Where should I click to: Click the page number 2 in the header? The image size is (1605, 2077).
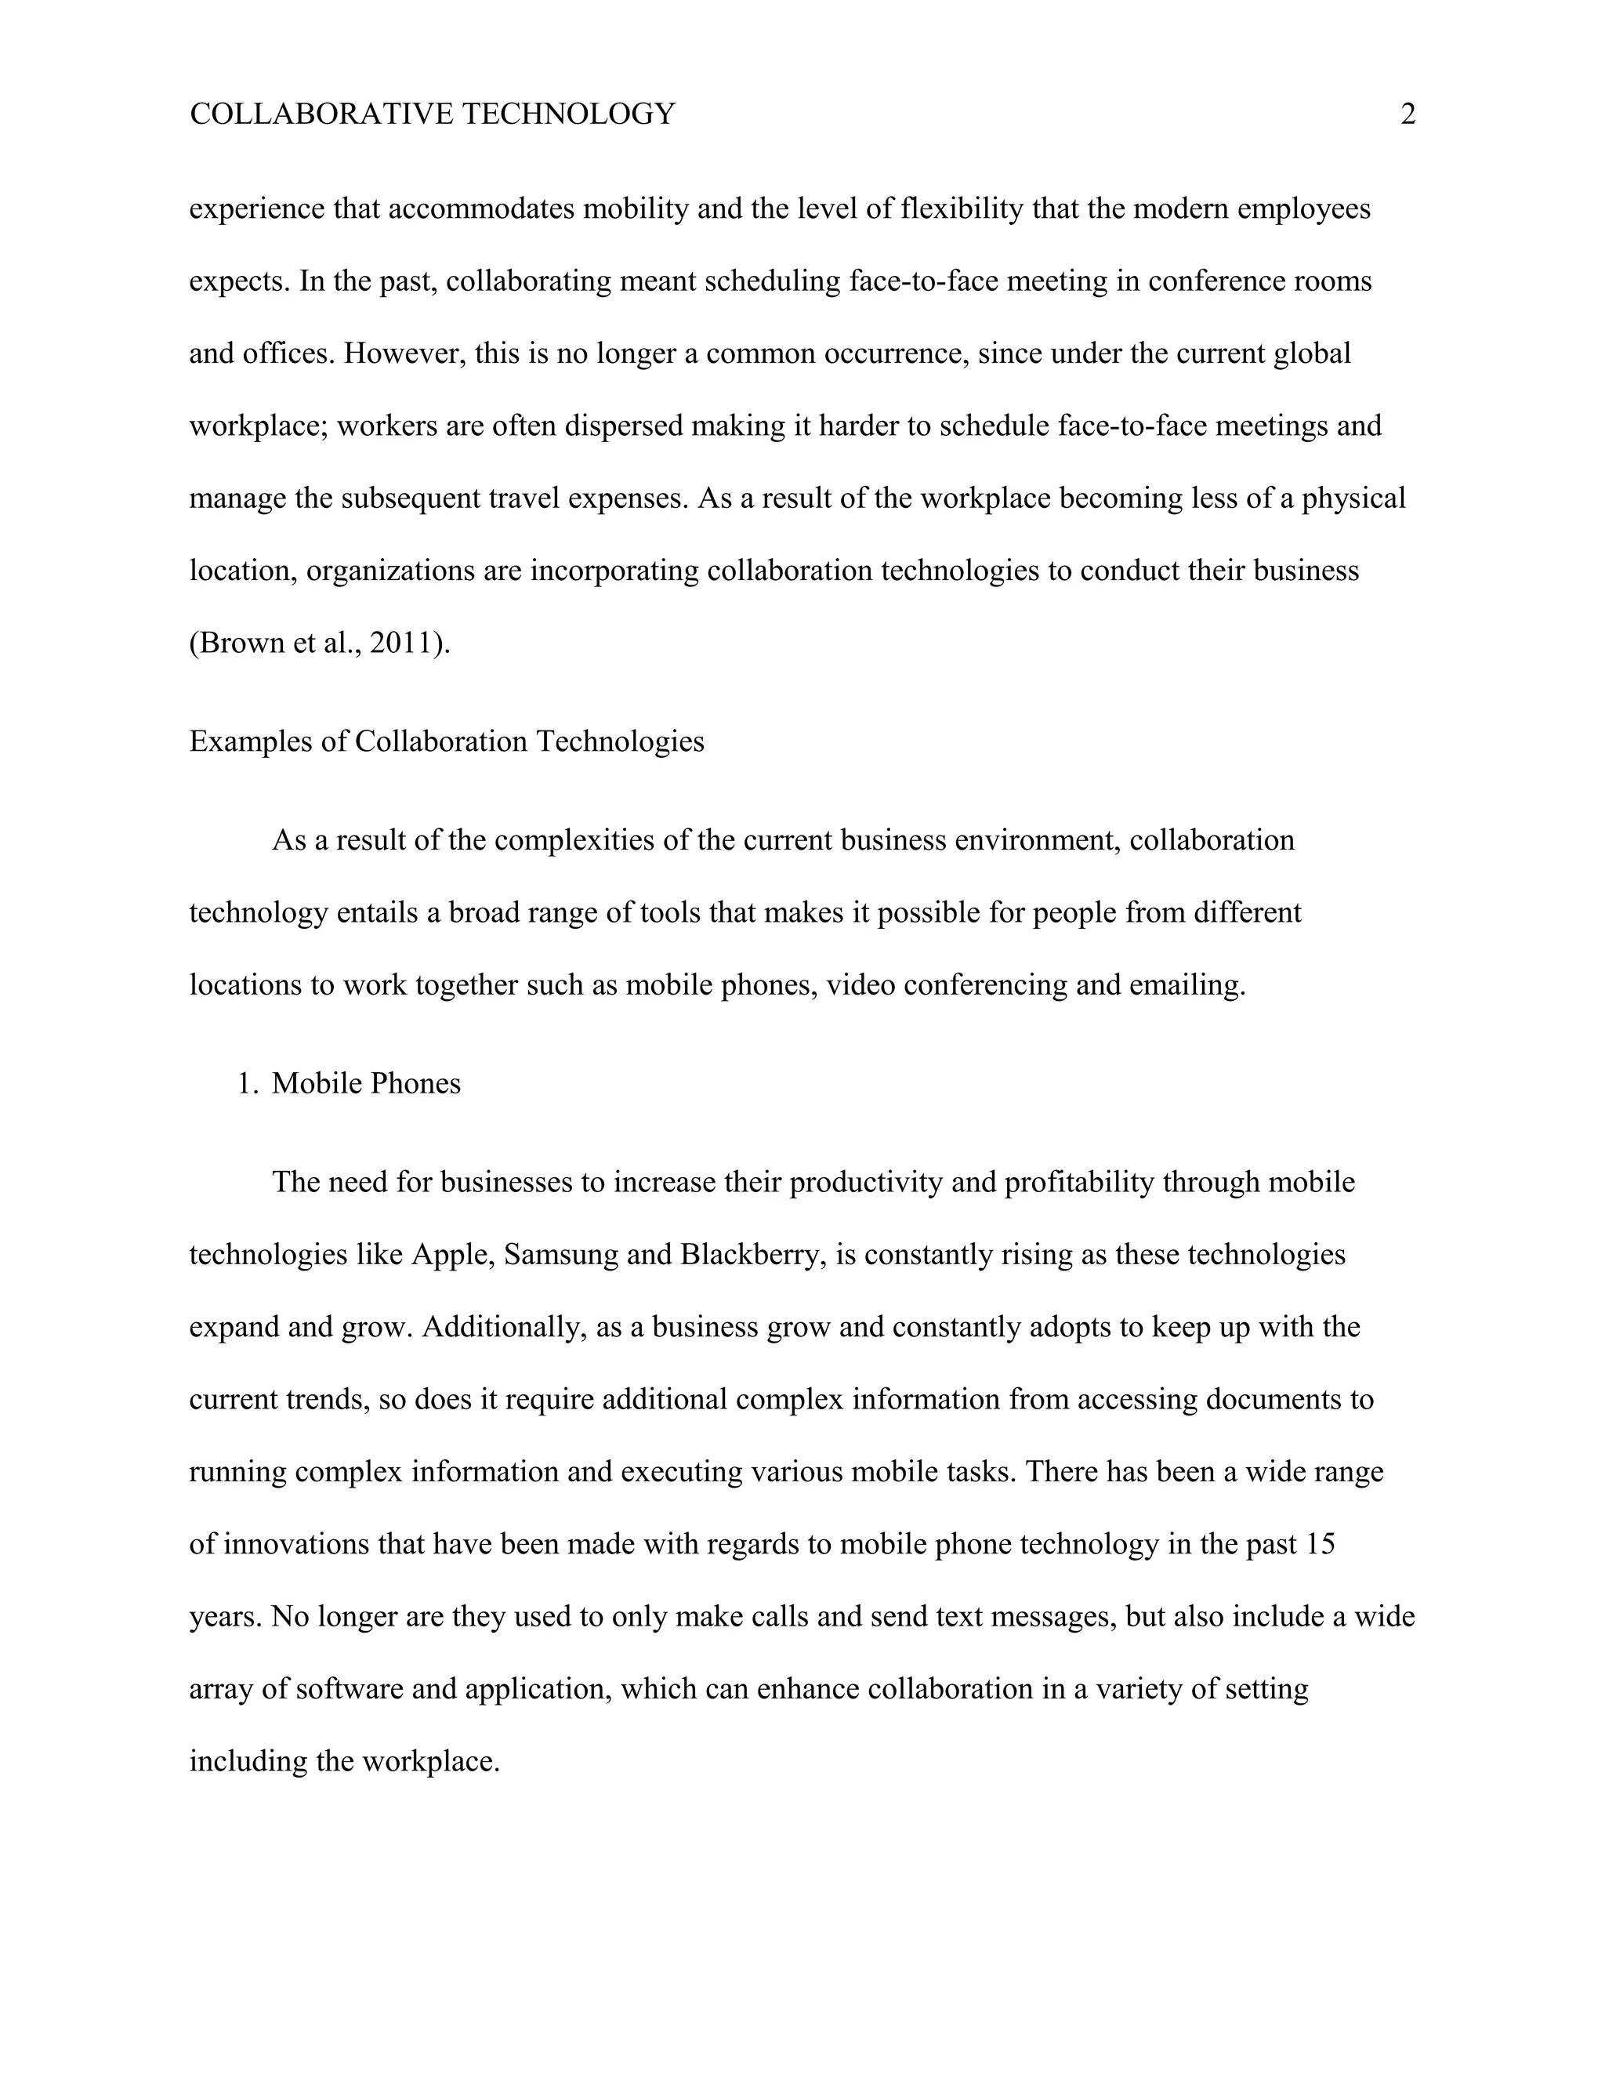[1408, 115]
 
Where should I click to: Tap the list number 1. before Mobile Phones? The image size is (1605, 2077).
[247, 1083]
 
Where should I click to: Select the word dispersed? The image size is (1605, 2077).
[624, 426]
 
